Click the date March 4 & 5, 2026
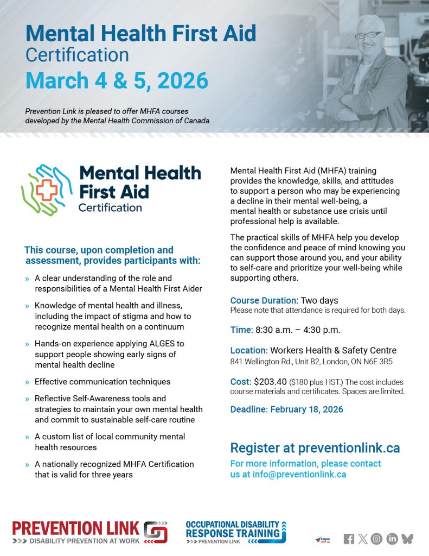point(117,80)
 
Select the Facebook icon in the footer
point(349,539)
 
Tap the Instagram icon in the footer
point(376,539)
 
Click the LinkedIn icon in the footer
point(392,539)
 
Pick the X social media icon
point(362,539)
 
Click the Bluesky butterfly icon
point(407,539)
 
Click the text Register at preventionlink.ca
point(315,448)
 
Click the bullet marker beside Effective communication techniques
point(27,382)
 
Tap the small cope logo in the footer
point(323,539)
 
